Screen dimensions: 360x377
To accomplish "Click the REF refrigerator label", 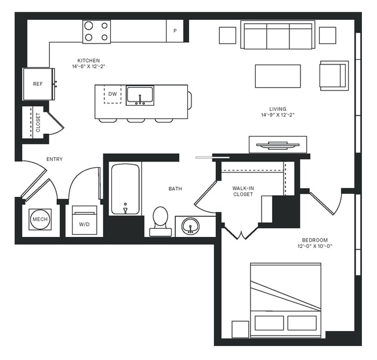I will click(38, 84).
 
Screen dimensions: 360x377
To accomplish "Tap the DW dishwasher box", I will click(113, 94).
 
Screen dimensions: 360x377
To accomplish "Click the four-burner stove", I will click(96, 31).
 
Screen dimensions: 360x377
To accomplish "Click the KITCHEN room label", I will click(89, 60).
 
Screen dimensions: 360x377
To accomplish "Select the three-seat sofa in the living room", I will click(278, 36).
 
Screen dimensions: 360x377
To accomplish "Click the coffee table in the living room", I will click(277, 76).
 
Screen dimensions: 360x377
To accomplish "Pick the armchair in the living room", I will click(333, 75).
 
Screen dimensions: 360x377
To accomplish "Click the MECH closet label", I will click(39, 219).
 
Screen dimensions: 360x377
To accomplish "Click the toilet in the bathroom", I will click(160, 221).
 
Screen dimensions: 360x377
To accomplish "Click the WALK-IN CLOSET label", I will click(243, 191).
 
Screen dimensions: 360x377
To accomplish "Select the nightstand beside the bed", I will click(240, 329).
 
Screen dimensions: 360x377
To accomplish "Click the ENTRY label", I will click(55, 159).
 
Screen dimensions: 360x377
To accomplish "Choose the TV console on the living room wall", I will click(277, 144).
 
